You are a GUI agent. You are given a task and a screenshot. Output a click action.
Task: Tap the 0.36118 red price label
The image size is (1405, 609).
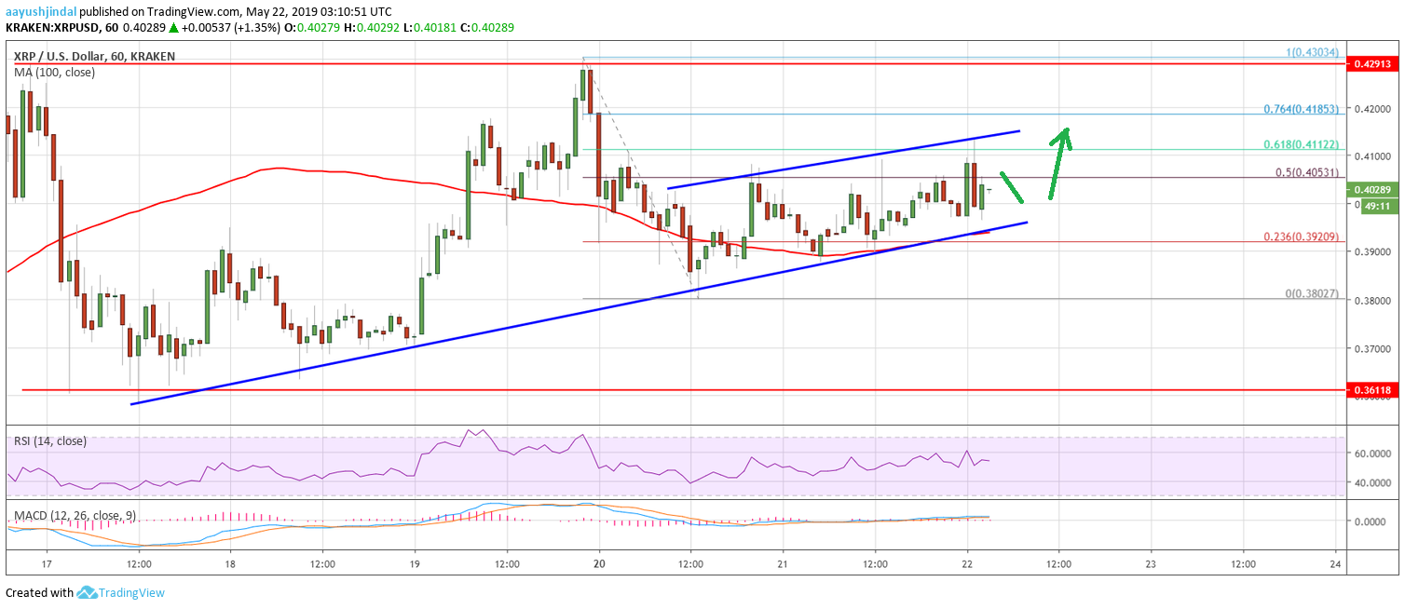[1372, 389]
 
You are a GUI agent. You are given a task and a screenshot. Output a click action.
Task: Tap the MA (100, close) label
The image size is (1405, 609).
[54, 72]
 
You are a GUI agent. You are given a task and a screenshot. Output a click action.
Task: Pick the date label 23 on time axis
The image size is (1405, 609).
[1151, 564]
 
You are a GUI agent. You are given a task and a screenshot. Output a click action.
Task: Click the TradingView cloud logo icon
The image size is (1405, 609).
[88, 592]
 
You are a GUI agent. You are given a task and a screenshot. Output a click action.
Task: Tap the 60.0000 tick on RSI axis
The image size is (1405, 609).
[1374, 453]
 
